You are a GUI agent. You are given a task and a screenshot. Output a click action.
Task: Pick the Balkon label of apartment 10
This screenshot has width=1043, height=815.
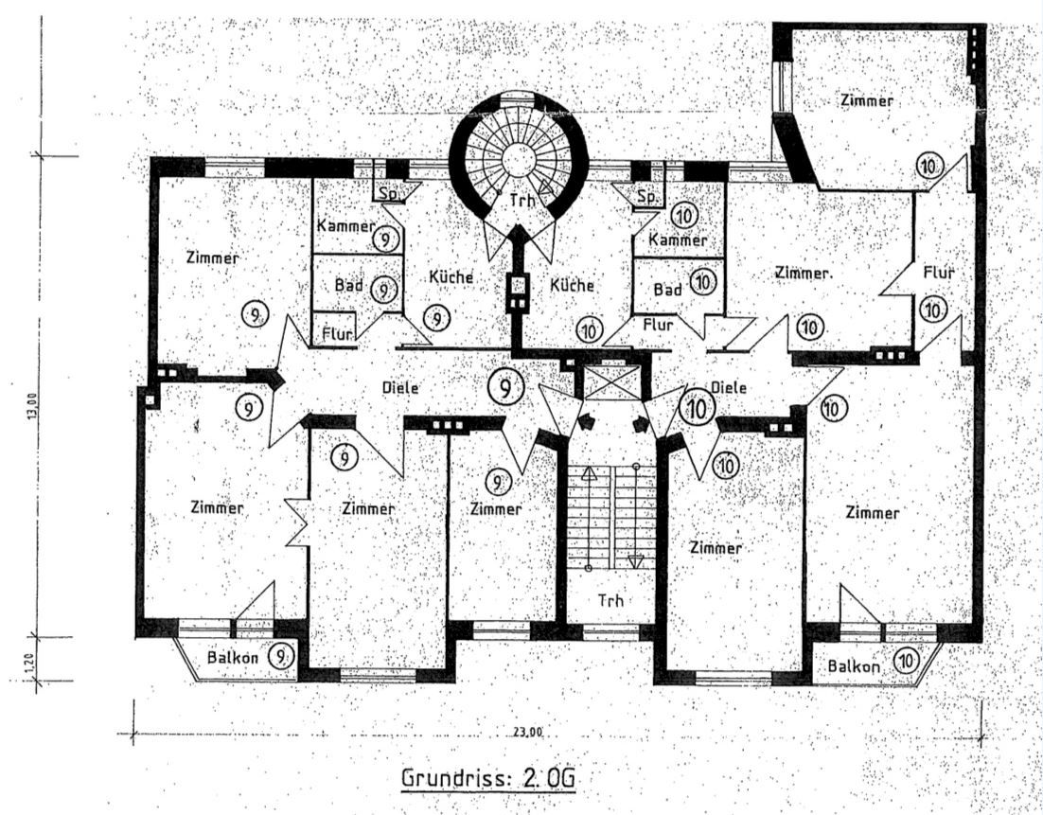coord(854,665)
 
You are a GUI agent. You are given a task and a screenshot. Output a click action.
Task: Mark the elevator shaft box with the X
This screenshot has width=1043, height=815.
coord(610,383)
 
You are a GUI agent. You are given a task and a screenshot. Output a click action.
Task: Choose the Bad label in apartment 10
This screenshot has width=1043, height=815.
coord(668,289)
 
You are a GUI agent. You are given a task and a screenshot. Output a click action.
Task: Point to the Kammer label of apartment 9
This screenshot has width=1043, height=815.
coord(345,227)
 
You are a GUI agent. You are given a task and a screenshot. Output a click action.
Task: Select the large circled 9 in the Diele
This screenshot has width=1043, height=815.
coord(508,387)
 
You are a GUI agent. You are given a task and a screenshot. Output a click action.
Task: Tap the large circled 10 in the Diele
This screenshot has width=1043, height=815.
coord(698,409)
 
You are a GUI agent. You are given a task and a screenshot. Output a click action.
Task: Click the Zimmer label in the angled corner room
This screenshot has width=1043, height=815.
coord(867,99)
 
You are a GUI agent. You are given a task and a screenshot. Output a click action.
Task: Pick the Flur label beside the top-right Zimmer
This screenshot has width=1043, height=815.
coord(938,273)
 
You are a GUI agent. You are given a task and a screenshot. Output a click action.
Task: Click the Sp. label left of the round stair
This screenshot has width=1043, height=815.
coord(388,193)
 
